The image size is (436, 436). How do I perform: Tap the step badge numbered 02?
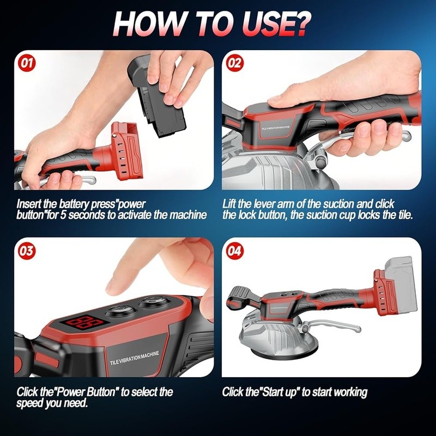234,63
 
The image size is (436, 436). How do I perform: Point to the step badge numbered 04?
234,251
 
